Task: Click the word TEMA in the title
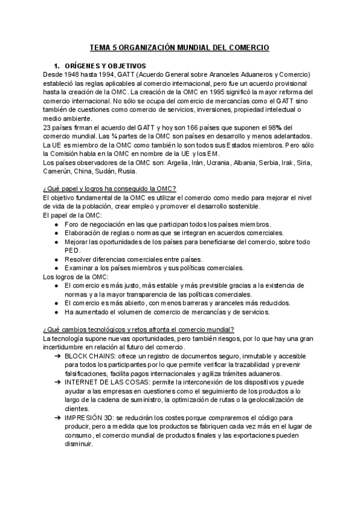pyautogui.click(x=100, y=46)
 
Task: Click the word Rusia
pyautogui.click(x=127, y=172)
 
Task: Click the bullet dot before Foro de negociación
pyautogui.click(x=56, y=224)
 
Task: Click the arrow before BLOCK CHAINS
pyautogui.click(x=56, y=356)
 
